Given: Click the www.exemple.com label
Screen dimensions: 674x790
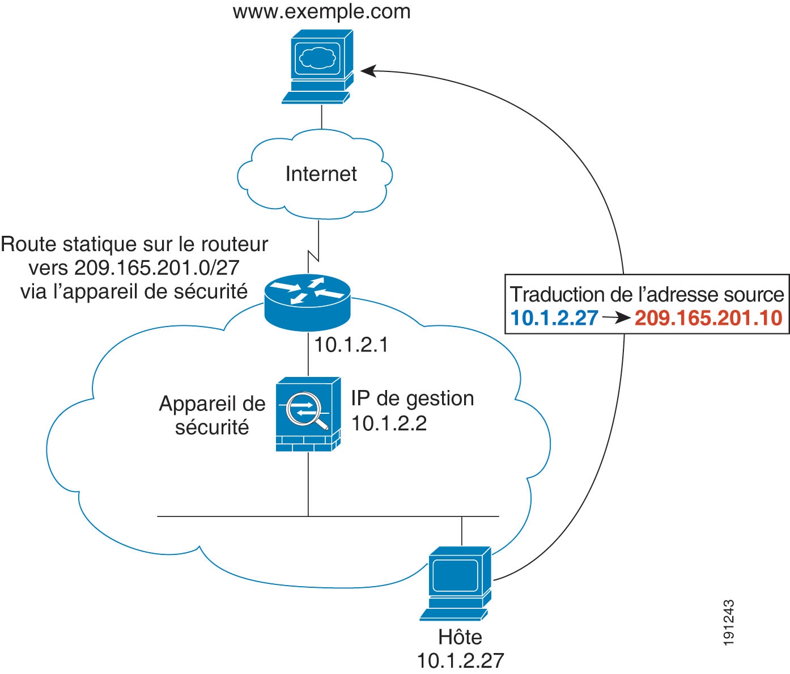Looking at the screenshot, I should point(321,12).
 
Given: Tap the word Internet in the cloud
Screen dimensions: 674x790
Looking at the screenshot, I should point(321,174).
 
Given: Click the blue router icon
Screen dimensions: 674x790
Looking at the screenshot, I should point(307,300).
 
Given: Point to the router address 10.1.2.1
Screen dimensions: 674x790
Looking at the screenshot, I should point(351,345).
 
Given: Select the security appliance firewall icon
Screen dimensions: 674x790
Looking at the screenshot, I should point(308,414).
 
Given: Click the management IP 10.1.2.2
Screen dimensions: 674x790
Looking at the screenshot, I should point(389,423).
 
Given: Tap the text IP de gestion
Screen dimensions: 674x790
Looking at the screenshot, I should point(412,399).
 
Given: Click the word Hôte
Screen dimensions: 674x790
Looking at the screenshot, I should point(460,637).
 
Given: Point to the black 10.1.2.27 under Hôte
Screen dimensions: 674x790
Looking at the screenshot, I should point(460,660).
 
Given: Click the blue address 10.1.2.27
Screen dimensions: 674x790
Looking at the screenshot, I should point(554,318).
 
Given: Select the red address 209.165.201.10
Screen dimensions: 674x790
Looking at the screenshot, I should point(708,318).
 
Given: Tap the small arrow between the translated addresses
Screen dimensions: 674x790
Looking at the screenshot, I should point(616,319).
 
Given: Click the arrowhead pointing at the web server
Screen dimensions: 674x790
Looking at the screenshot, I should point(367,71).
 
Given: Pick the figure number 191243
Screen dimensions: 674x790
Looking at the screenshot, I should point(729,622).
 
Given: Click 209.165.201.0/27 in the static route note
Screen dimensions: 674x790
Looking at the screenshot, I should point(156,268).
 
